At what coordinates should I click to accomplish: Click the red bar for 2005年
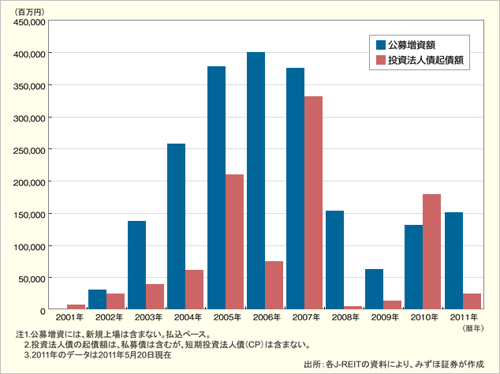[x=234, y=241]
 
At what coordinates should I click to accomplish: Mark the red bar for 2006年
[x=274, y=284]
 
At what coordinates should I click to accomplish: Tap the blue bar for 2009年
[x=374, y=289]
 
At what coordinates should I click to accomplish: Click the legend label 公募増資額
[x=412, y=44]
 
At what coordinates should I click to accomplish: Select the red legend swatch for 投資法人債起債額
[x=380, y=60]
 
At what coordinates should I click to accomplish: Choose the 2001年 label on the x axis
[x=67, y=317]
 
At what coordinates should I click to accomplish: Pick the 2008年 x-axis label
[x=343, y=317]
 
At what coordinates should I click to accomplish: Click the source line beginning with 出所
[x=398, y=364]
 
